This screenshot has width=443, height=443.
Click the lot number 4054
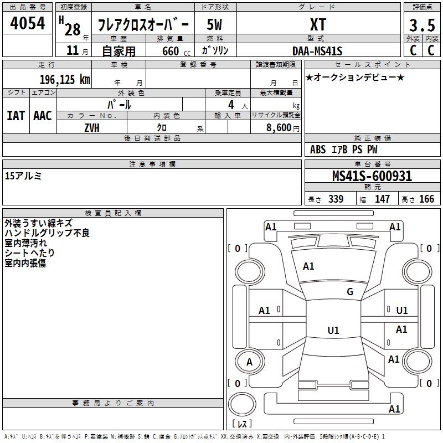(27, 23)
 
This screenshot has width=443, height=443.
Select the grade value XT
(318, 24)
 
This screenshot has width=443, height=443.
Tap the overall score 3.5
(422, 25)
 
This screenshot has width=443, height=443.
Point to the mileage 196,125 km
(65, 80)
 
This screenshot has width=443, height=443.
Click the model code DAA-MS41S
(317, 51)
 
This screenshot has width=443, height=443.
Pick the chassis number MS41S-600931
(372, 176)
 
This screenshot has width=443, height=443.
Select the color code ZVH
(92, 128)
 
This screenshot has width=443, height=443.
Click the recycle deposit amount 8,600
(279, 128)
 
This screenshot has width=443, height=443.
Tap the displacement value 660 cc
(176, 51)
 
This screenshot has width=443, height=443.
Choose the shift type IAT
(16, 116)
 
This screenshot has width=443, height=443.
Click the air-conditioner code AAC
(43, 116)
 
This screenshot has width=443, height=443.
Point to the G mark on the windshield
(350, 292)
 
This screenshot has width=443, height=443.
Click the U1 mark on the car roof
(333, 330)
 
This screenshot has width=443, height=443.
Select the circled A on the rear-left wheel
(249, 362)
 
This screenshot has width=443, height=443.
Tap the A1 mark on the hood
(308, 266)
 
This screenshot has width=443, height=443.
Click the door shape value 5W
(214, 24)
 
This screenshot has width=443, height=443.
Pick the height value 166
(426, 199)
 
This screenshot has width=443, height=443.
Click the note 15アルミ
(23, 176)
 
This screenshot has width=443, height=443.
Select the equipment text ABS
(318, 150)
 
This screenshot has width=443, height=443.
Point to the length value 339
(336, 199)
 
